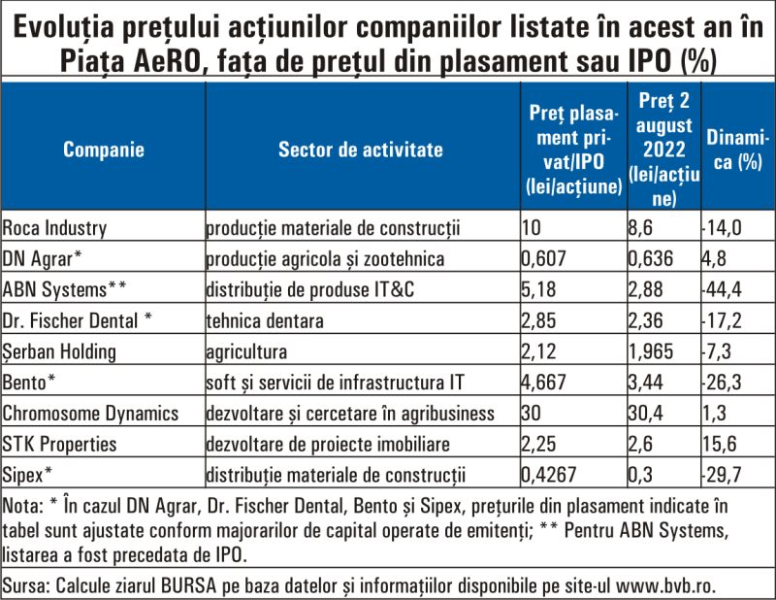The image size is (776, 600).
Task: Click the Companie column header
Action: point(104,150)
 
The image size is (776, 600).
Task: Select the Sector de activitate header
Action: point(360,150)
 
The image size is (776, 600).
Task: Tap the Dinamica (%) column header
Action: point(737,150)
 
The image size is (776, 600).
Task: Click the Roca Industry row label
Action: point(54,228)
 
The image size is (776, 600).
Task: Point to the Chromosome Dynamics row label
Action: point(90,414)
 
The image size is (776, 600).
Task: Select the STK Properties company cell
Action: point(59,444)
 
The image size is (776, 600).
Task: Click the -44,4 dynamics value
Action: point(722,290)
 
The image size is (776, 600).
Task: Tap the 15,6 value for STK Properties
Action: point(720,444)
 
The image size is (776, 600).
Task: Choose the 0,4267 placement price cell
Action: point(549,475)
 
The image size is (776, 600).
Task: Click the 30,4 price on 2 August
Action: point(646,414)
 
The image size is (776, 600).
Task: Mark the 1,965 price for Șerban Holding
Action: point(651,351)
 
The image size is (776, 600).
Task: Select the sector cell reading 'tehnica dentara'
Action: point(265,321)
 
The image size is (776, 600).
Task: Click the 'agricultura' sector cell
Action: point(246,351)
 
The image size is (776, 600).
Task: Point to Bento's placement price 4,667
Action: point(543,383)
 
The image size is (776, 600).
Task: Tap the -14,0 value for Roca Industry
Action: point(722,228)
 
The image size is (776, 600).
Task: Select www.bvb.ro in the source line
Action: point(665,586)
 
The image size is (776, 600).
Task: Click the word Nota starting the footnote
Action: point(23,507)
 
